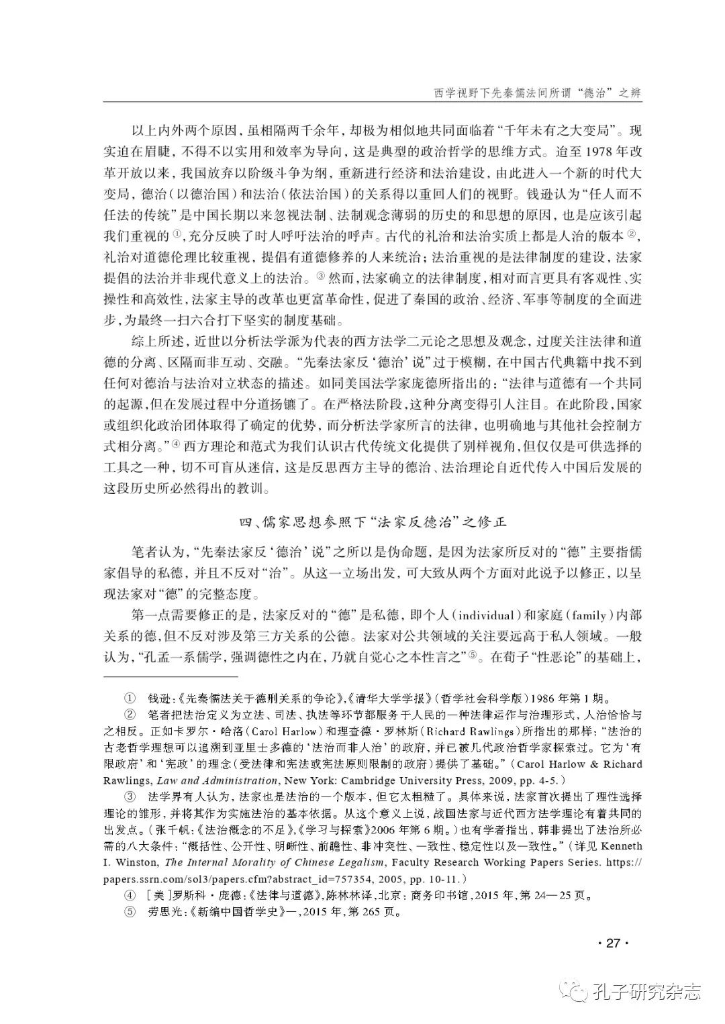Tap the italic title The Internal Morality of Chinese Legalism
(272, 863)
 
